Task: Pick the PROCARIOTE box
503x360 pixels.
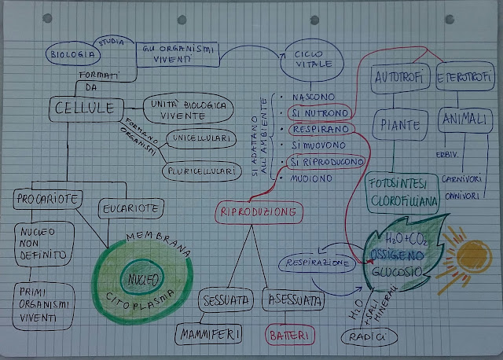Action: click(48, 200)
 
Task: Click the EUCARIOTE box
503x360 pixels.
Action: click(132, 209)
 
